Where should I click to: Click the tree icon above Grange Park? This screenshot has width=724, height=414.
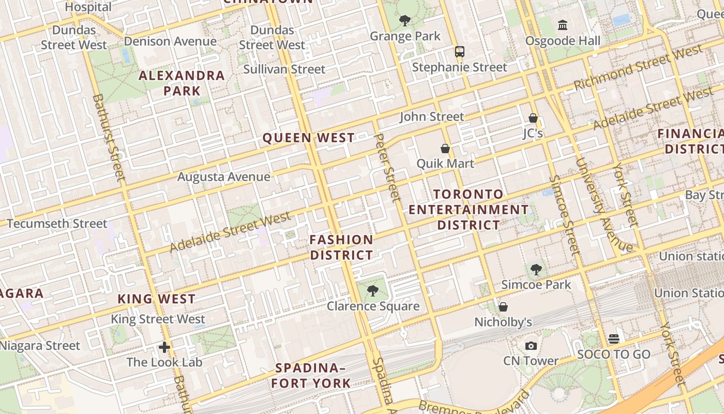[405, 21]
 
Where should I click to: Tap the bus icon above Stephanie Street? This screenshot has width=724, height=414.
[459, 51]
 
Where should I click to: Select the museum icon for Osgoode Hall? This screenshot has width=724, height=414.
[563, 25]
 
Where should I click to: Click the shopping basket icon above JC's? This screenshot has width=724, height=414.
[533, 118]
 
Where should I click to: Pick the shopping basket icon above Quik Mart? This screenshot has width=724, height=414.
[445, 149]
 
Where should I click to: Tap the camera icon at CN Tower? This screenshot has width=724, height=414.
[531, 346]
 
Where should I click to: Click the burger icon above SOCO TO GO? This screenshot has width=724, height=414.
[614, 339]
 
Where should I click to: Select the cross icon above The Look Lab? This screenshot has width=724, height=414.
[164, 347]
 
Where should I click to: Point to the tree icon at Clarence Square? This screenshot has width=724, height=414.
[373, 291]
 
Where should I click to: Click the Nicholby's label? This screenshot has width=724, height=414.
[503, 322]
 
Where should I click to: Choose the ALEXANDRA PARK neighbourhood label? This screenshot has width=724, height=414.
[182, 83]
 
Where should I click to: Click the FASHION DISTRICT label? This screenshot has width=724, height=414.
[341, 247]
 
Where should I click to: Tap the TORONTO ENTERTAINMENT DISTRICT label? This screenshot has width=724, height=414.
[469, 210]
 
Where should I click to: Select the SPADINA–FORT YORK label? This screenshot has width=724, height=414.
[311, 376]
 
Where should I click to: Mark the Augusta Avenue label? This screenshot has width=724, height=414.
[224, 177]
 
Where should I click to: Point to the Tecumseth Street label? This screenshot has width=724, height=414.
[57, 224]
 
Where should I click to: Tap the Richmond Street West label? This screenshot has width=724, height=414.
[638, 67]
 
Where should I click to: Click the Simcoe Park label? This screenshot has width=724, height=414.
[536, 285]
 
